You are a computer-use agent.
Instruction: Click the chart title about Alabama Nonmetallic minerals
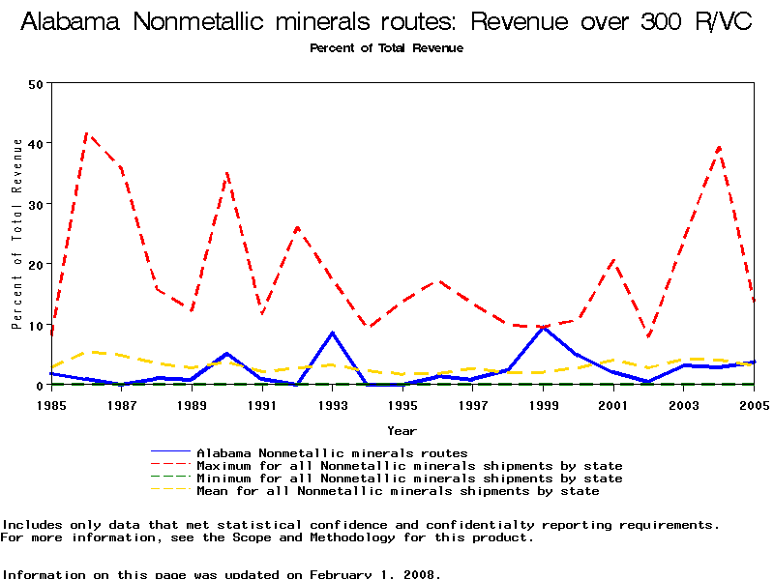point(386,23)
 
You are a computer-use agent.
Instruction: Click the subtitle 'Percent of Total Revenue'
point(386,48)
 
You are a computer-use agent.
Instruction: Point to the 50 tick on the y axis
point(38,83)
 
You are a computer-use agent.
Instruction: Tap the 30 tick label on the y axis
point(38,204)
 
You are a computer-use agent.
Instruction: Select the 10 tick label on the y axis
point(38,325)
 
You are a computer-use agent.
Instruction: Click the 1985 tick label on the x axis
point(51,404)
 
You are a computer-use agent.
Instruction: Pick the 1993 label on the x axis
point(332,404)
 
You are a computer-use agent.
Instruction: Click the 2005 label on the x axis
point(754,404)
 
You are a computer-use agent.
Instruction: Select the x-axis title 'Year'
point(402,430)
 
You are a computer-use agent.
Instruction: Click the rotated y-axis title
point(17,233)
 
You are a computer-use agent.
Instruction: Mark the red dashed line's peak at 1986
point(87,133)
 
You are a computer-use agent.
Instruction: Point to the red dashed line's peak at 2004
point(719,147)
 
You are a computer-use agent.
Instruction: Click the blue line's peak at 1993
point(333,333)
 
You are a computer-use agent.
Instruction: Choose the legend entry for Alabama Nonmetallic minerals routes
point(332,452)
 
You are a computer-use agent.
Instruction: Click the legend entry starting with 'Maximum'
point(409,466)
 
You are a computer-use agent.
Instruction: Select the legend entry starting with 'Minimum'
point(409,478)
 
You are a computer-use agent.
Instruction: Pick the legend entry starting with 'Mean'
point(398,491)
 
